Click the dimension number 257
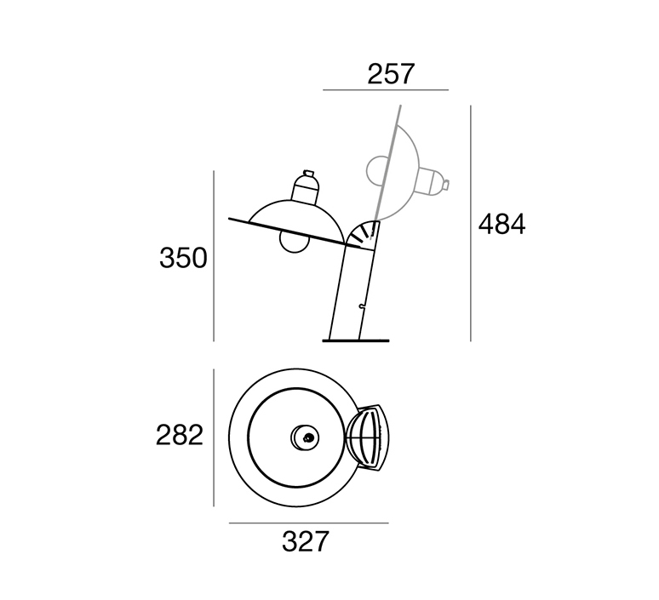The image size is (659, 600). coord(391,74)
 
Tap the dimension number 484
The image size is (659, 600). coord(501,224)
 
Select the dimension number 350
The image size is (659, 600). coord(183,258)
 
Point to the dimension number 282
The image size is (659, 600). coord(180,435)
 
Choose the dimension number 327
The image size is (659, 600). coord(305,541)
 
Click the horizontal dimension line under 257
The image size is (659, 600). coord(386,90)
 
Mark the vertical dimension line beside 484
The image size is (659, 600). coord(471,223)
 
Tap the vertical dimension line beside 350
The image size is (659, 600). coord(214,256)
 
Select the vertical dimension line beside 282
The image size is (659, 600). coord(214,437)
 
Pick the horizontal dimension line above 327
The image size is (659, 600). coord(309,523)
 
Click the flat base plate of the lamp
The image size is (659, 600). coord(356,340)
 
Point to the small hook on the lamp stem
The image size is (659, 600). coord(362,306)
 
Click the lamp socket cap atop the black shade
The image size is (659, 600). coord(306,187)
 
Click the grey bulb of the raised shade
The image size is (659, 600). coord(376,170)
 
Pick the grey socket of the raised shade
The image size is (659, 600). coord(433,180)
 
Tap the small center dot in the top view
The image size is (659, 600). coord(309,437)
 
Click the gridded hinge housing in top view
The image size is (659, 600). coord(368,437)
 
